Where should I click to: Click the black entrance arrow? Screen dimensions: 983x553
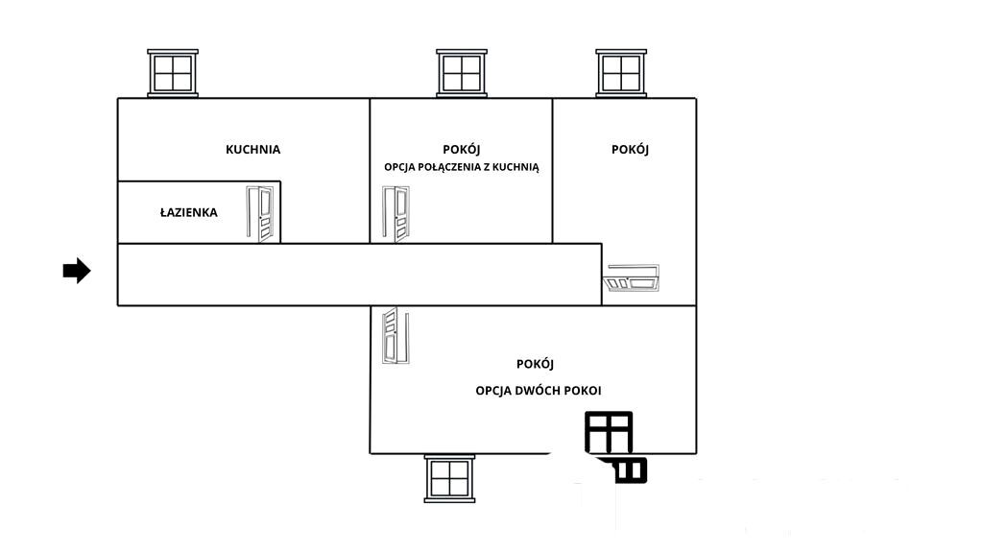point(77,271)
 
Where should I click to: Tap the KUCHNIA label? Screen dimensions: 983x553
point(252,149)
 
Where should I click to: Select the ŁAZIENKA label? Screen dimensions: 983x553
point(189,212)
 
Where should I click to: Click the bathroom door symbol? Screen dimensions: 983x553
point(260,214)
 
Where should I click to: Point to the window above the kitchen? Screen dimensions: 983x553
point(173,73)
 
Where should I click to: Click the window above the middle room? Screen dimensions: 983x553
point(462,73)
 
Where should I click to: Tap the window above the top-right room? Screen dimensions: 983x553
point(621,73)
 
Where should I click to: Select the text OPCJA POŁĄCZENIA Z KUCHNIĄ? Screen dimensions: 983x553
point(462,167)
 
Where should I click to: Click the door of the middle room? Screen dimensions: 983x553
point(396,214)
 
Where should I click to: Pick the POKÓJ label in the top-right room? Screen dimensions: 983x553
point(630,149)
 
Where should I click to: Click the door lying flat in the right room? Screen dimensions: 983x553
point(632,278)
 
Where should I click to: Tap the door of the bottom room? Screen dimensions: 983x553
point(396,335)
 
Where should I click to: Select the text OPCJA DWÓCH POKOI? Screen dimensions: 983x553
point(538,391)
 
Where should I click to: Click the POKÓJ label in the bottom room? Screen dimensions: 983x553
point(535,364)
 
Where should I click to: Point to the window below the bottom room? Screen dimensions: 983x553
point(449,479)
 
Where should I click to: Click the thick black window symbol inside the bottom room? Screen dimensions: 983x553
point(609,432)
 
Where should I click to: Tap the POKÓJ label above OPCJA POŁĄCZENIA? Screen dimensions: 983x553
point(462,149)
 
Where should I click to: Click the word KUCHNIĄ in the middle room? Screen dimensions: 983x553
point(515,167)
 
